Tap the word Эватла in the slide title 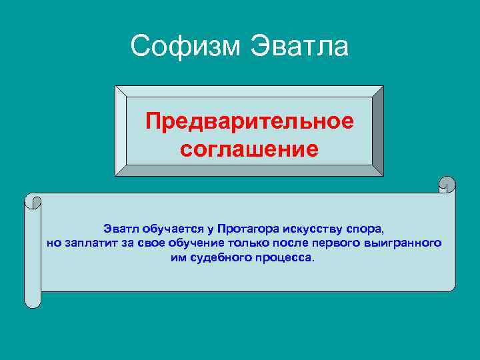(299, 47)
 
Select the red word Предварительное (249, 122)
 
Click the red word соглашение (249, 148)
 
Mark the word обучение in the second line (189, 243)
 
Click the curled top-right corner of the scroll (447, 185)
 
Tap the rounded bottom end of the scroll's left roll (33, 301)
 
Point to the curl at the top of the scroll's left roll (33, 201)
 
